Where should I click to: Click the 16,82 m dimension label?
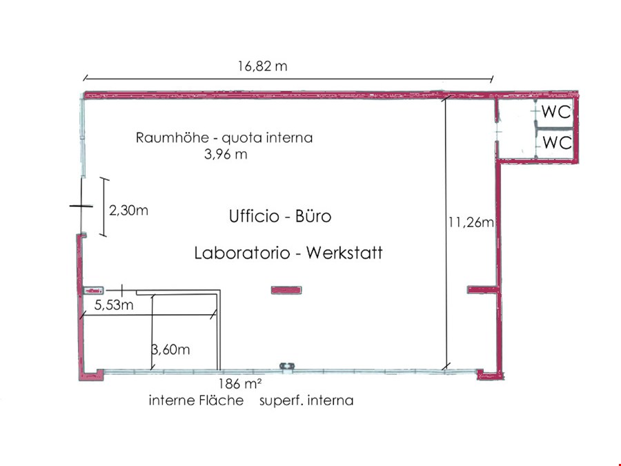click(262, 66)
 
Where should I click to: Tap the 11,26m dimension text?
click(471, 222)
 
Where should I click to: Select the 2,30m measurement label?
click(129, 210)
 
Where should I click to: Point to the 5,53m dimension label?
click(114, 304)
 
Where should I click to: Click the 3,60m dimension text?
click(170, 349)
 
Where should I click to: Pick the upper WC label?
click(556, 112)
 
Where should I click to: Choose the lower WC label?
click(557, 142)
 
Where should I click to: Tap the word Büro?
click(313, 216)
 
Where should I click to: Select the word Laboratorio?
click(242, 253)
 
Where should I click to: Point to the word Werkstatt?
click(344, 253)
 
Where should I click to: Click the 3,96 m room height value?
click(226, 154)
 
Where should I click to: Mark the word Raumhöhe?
click(172, 137)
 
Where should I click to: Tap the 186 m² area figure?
click(240, 384)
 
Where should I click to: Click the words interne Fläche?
click(196, 400)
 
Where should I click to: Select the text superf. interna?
click(306, 400)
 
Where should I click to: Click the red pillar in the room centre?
click(286, 291)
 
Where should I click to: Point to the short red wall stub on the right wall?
click(482, 290)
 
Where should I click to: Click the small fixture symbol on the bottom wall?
click(287, 366)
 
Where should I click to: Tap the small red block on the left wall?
click(93, 291)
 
